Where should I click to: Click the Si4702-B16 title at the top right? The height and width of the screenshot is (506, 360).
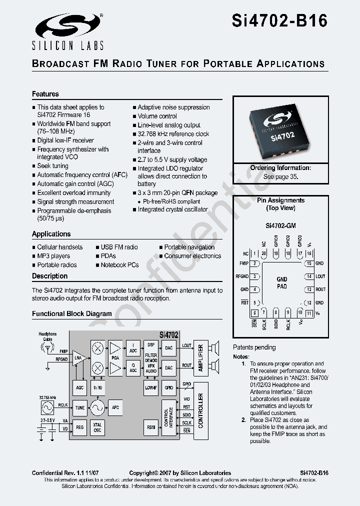[x=279, y=21]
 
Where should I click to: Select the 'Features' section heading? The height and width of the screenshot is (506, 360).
[x=45, y=94]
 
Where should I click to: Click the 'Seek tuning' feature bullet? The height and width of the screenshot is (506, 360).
[x=52, y=166]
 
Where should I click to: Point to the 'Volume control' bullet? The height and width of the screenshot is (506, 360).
[x=157, y=116]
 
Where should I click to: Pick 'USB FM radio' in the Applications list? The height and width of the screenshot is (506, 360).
[x=119, y=247]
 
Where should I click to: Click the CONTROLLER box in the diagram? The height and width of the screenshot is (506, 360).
[x=200, y=410]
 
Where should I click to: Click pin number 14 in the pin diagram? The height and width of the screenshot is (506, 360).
[x=309, y=276]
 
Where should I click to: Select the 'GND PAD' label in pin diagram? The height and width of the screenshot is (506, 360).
[x=282, y=283]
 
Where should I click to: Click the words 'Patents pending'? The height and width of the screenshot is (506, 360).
[x=254, y=347]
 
